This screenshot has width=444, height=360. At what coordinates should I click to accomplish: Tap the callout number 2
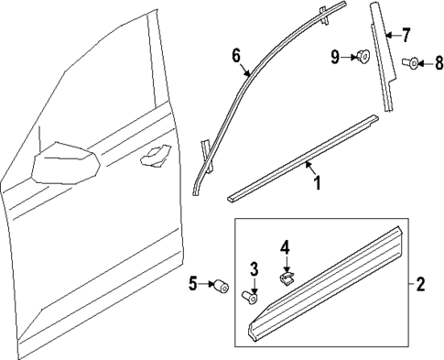point(420,285)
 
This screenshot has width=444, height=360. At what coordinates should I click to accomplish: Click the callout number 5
point(192,285)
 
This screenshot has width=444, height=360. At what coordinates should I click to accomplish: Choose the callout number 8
point(438,63)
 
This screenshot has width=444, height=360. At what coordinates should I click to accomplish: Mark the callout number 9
point(335,58)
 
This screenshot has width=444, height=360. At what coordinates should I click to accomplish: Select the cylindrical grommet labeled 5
point(220,286)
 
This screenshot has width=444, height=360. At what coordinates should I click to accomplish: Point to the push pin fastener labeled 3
point(250,295)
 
